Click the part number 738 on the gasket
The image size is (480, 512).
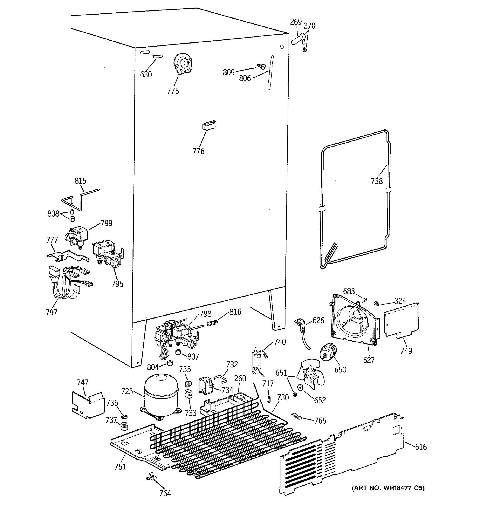(x=377, y=181)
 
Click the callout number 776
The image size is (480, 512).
(x=198, y=151)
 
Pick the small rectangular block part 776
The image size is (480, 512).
(x=209, y=125)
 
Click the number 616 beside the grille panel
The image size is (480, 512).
(x=421, y=447)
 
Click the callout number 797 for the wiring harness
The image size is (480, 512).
(x=51, y=312)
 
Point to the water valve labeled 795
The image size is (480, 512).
(x=107, y=255)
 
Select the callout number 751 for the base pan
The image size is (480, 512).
(x=120, y=467)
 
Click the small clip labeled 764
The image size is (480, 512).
(x=151, y=477)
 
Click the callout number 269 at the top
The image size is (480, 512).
(x=296, y=22)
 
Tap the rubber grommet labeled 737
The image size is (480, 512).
(x=125, y=426)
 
